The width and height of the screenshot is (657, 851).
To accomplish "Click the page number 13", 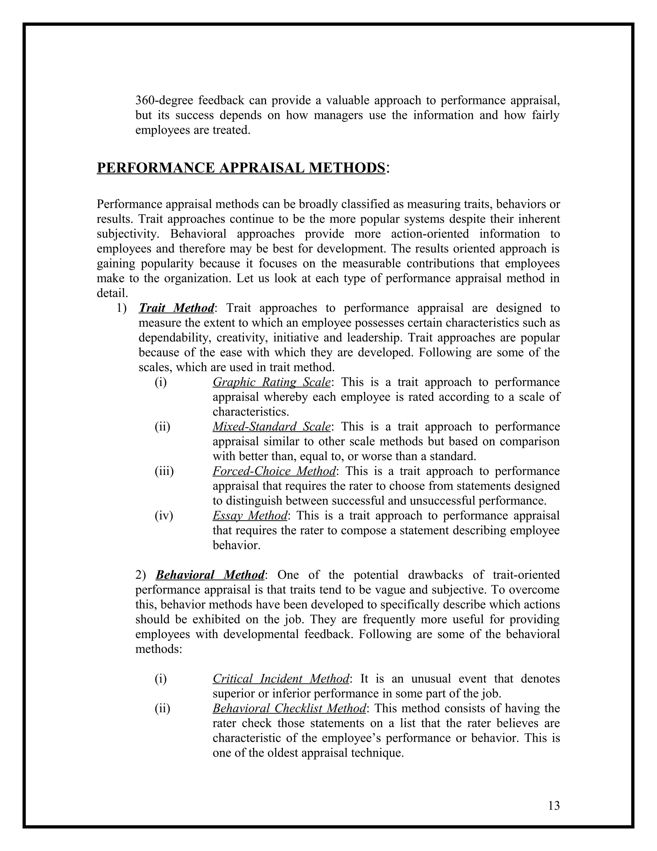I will pos(553,805).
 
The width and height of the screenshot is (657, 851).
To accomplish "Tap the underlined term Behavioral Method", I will pos(210,575).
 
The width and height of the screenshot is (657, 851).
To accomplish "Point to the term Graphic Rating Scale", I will pos(271,382).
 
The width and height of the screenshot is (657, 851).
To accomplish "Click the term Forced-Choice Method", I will pos(274,471).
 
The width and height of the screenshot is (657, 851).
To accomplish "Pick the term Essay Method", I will pos(250,515).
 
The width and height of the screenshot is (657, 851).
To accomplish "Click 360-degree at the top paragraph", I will pos(164,101).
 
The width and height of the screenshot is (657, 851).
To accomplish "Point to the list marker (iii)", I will pos(164,471).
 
